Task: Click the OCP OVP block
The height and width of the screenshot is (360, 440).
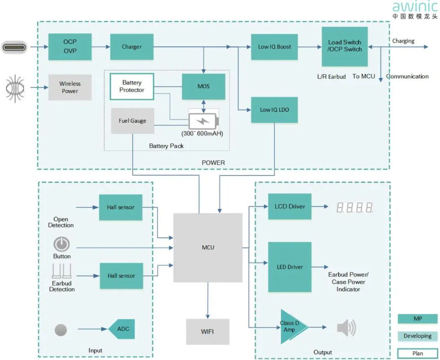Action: [x=70, y=46]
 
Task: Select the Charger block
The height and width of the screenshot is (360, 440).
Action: [x=132, y=47]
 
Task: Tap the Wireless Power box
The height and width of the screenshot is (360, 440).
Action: [x=70, y=87]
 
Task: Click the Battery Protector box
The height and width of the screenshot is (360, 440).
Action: [x=132, y=86]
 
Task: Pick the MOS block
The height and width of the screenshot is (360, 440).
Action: [x=203, y=86]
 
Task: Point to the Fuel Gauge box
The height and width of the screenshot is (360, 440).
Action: [x=132, y=121]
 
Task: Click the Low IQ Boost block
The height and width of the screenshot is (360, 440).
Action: [x=274, y=47]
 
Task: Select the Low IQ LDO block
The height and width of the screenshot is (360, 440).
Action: [x=274, y=110]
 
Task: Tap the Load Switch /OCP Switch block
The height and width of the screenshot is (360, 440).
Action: [x=345, y=46]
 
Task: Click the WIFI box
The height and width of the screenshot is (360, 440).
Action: [x=207, y=331]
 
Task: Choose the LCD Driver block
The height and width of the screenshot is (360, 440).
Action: [x=290, y=206]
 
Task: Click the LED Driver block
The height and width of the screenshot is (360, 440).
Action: [x=290, y=267]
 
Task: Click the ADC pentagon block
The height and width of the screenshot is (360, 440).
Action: [x=122, y=329]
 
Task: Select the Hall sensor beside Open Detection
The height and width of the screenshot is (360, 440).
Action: [x=121, y=207]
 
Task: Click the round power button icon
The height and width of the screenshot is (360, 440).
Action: [x=62, y=245]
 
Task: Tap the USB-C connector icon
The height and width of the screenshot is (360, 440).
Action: [x=14, y=47]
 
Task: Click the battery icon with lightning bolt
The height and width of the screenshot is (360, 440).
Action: [x=203, y=121]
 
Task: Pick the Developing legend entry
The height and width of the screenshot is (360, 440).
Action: [x=418, y=336]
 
